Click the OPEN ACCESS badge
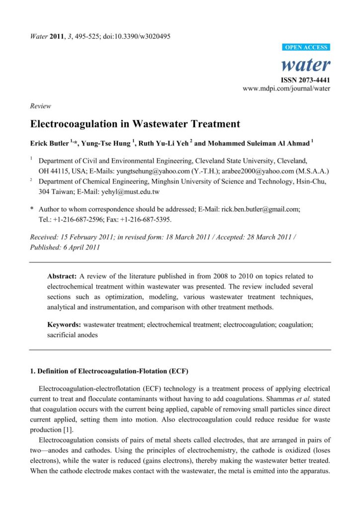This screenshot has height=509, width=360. (x=306, y=47)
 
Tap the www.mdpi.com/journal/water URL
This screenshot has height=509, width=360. (x=286, y=88)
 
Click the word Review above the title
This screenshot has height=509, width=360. (x=40, y=106)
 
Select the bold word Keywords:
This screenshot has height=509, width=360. (x=64, y=325)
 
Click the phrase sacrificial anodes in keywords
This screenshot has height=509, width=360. (x=73, y=335)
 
